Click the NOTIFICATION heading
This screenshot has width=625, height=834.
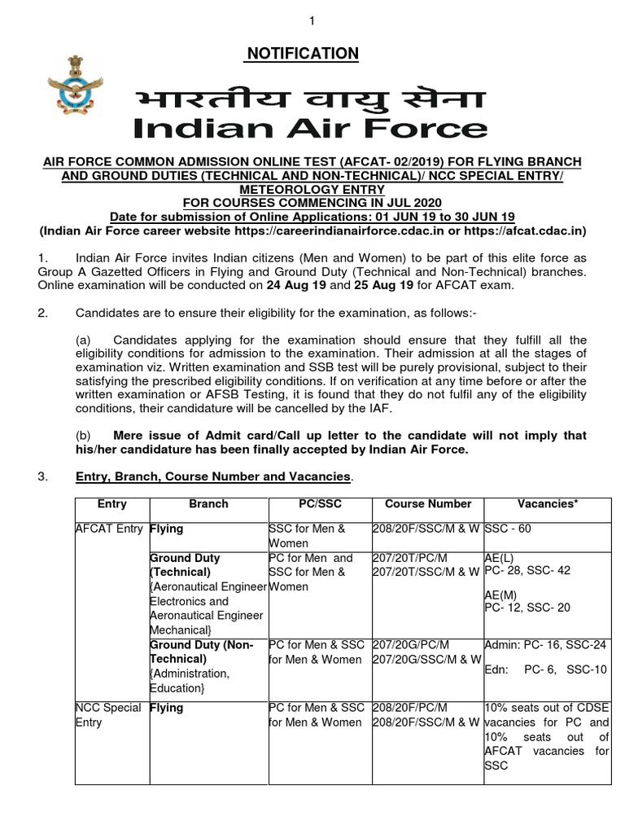(302, 54)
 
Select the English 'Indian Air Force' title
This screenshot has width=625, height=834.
(310, 129)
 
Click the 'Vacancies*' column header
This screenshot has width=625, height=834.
(547, 504)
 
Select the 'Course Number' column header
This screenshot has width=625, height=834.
(427, 504)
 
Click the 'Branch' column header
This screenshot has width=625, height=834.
(208, 504)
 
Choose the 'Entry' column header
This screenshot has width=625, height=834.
(111, 504)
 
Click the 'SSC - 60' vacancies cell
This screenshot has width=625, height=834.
(508, 529)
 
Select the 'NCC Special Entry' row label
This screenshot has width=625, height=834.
(108, 715)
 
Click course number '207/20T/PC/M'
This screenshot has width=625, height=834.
(409, 559)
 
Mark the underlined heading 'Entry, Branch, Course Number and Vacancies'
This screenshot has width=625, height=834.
(212, 476)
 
